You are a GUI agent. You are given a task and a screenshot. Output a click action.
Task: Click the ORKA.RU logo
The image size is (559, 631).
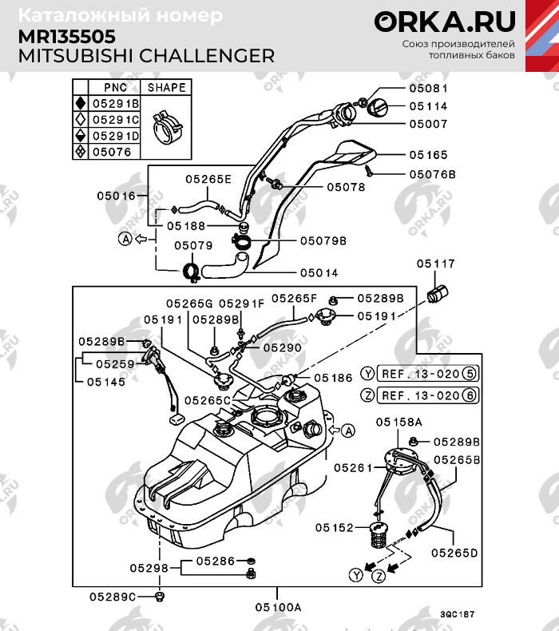coord(445,22)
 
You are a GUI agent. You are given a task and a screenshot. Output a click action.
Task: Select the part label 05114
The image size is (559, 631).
coord(428,105)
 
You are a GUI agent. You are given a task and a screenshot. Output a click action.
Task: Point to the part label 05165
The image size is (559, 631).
coord(428,155)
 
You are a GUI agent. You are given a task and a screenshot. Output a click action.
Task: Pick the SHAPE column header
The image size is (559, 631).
coord(166,87)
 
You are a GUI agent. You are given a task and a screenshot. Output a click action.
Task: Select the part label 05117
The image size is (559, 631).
coord(434,263)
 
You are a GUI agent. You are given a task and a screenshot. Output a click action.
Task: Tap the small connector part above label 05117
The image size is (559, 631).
coord(437,293)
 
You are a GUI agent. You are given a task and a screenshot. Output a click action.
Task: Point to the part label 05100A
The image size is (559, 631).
coord(278,607)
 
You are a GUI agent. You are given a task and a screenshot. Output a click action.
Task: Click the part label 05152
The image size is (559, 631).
coord(334,527)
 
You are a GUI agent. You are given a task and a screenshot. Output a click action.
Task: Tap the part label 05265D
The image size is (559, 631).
coord(454,552)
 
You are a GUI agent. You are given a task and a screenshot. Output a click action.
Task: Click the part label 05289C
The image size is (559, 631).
coord(113,596)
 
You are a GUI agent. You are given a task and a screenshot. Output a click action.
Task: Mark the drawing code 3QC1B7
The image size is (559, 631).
coord(457,615)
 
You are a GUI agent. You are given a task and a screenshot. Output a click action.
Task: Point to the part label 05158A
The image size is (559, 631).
coord(398,421)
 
